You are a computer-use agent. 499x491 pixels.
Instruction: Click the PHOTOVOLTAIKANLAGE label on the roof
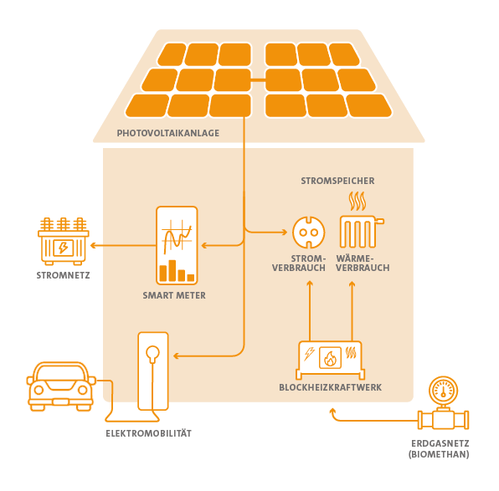(168, 133)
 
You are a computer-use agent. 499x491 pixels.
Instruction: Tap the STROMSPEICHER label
(337, 181)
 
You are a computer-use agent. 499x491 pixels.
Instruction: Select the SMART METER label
(174, 295)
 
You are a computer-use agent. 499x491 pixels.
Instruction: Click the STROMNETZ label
(63, 275)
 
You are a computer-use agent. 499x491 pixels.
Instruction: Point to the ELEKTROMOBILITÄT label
(149, 433)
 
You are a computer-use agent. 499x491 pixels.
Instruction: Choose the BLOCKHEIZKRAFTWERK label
(331, 387)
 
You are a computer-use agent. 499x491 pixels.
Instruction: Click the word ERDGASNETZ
(440, 443)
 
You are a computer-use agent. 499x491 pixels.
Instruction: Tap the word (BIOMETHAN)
(439, 454)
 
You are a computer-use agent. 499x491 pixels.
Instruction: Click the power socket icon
(309, 233)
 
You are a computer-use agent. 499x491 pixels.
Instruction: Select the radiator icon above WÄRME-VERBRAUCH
(362, 219)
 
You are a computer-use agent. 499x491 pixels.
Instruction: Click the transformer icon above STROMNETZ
(64, 242)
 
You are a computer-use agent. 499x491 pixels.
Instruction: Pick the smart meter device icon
(177, 246)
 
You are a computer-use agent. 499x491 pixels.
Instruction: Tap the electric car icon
(61, 386)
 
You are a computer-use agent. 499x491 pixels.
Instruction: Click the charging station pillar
(153, 371)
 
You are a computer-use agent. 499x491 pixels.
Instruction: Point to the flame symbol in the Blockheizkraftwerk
(330, 358)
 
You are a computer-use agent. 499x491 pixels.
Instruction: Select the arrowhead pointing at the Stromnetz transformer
(93, 246)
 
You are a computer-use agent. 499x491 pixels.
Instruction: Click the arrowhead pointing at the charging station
(176, 355)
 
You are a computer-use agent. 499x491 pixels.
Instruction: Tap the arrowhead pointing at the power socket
(284, 233)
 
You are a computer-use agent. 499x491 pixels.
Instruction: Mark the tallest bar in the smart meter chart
(172, 271)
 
